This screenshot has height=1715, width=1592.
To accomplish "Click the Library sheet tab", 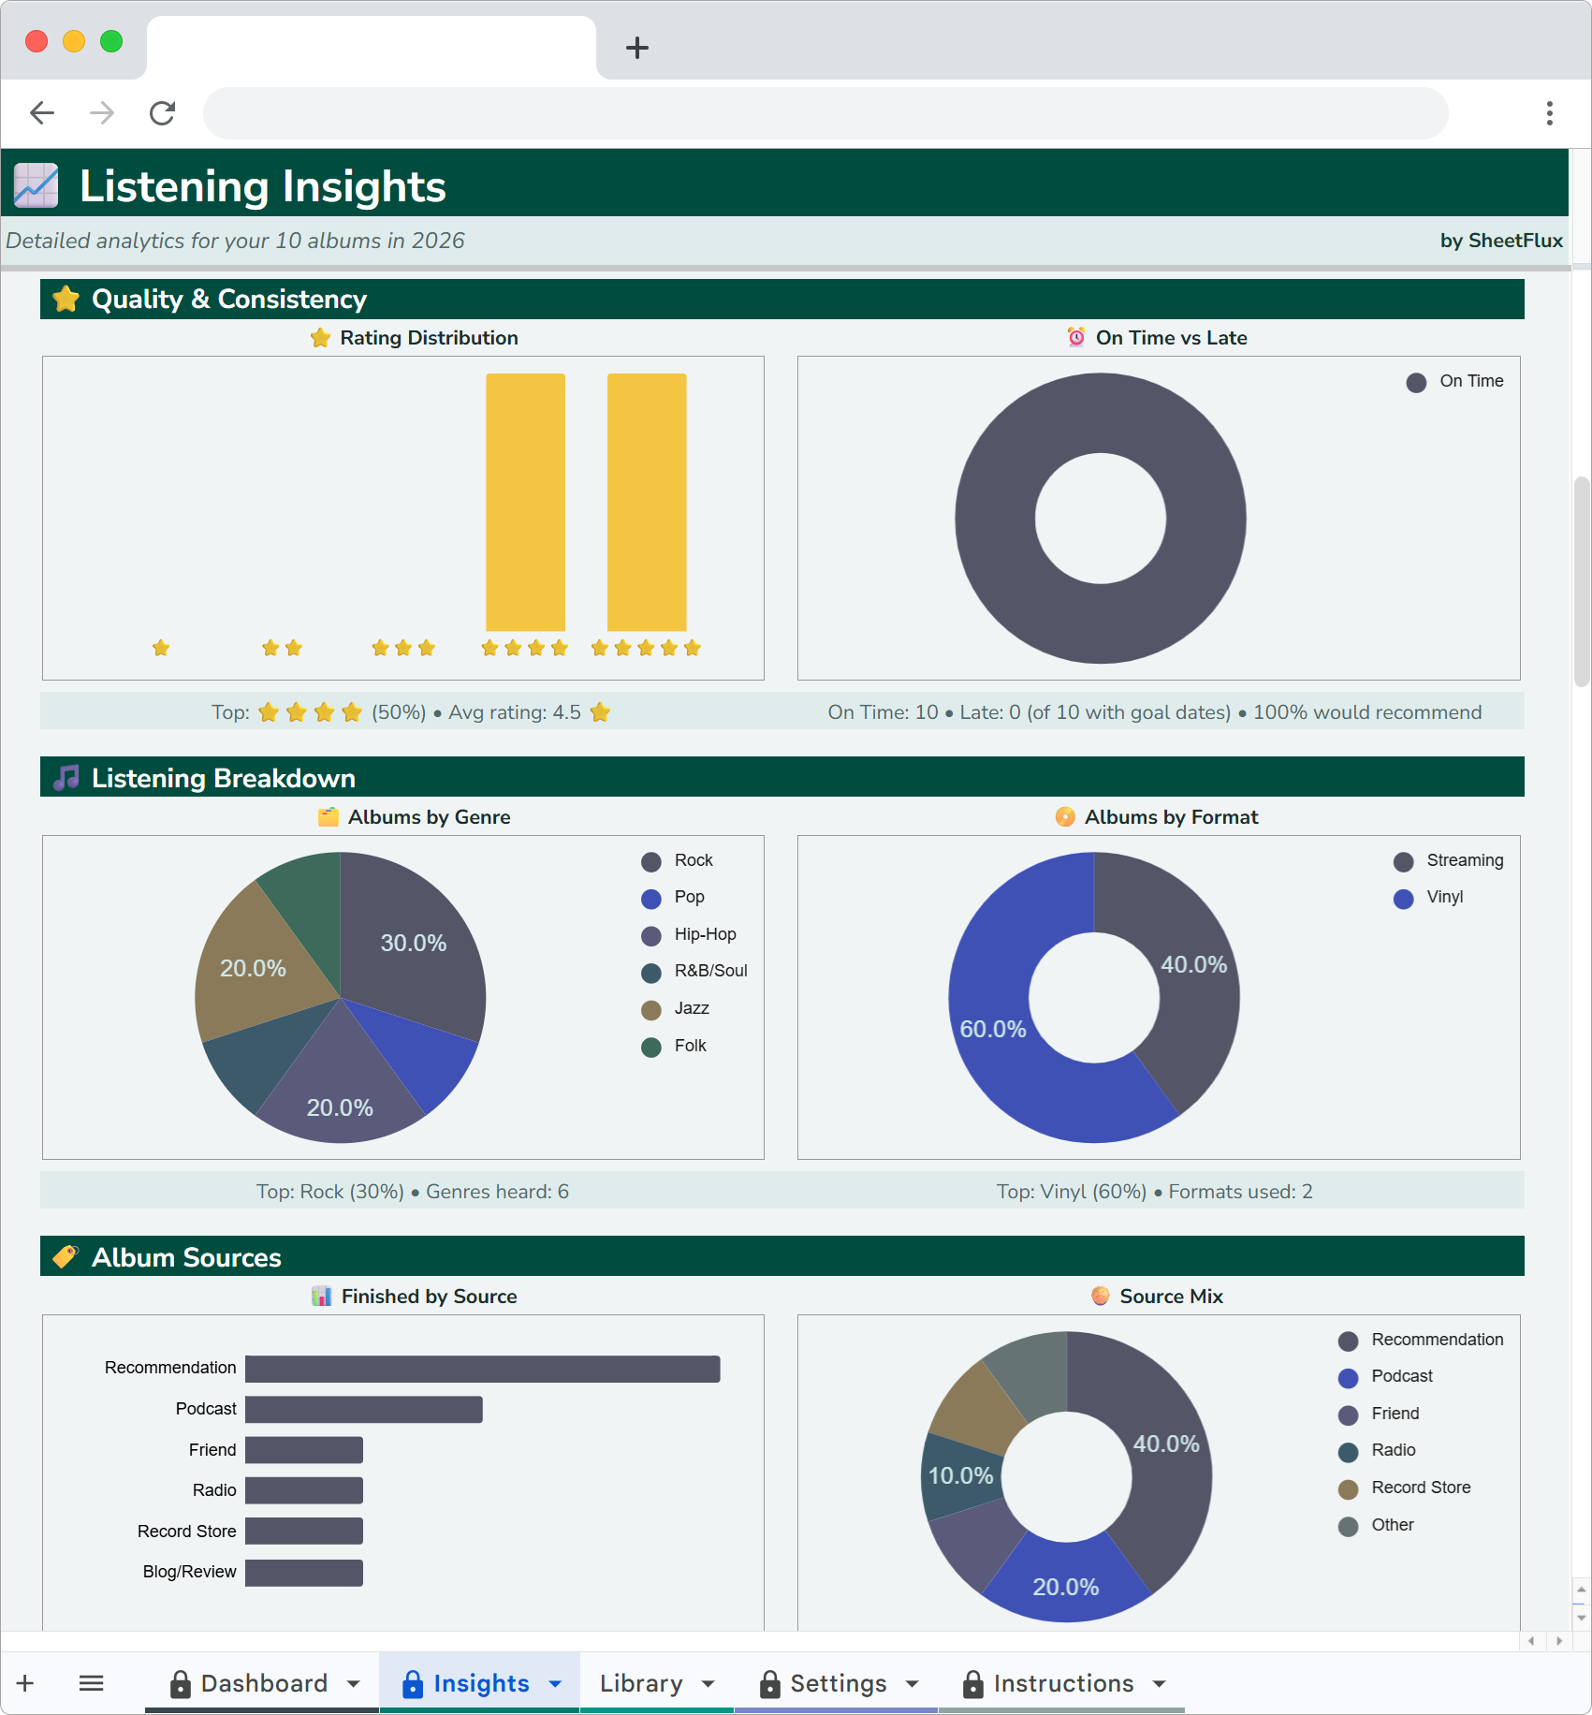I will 641,1683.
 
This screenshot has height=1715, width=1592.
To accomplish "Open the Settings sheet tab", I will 838,1683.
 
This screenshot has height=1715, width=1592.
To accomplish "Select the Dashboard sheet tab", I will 264,1683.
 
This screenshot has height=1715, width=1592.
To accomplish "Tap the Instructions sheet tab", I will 1063,1683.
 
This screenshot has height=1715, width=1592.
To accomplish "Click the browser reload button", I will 163,113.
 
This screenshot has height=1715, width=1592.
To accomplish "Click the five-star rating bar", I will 647,502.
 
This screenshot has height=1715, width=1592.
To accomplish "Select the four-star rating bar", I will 525,502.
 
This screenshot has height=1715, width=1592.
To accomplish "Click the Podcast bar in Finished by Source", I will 364,1410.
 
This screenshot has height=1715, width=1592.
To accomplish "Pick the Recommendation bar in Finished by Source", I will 482,1369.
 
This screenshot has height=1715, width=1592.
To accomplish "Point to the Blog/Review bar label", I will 189,1572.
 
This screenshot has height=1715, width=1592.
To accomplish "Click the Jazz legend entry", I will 691,1008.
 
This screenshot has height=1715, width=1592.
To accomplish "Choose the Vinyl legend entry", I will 1444,897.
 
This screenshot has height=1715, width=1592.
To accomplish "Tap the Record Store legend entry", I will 1420,1488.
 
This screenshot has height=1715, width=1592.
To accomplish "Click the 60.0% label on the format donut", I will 993,1029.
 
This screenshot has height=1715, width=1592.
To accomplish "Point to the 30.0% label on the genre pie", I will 413,943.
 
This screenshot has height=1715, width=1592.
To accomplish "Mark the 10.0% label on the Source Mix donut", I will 960,1475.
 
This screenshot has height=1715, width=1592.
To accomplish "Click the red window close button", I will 37,41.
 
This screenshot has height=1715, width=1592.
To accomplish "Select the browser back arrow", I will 42,113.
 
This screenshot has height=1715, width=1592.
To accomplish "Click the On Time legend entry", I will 1470,381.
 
